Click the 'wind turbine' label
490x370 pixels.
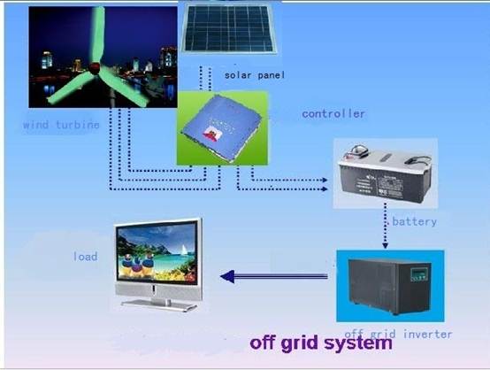tap(61, 125)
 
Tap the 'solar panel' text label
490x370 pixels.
tap(255, 75)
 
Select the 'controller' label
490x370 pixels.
tap(333, 113)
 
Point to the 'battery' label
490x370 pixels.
tap(414, 221)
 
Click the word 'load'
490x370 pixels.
tap(85, 257)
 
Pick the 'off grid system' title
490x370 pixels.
tap(321, 343)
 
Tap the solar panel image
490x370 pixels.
tap(229, 29)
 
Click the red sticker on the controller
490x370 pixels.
tap(213, 135)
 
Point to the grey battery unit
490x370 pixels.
tap(386, 173)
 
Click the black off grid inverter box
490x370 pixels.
tap(390, 286)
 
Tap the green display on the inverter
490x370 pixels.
tap(419, 274)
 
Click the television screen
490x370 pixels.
tap(157, 252)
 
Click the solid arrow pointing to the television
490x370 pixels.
tap(274, 276)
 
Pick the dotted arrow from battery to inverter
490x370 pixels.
tap(386, 225)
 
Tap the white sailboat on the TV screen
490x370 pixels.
tap(184, 250)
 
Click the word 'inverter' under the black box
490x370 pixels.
tap(427, 334)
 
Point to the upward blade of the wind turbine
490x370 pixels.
tap(98, 35)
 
